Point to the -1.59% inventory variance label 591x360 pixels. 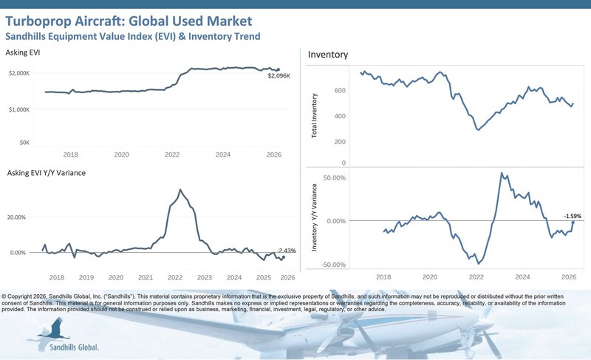571,216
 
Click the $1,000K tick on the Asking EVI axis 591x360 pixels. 39,109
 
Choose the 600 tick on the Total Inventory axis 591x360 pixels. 340,91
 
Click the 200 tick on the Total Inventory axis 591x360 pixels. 340,141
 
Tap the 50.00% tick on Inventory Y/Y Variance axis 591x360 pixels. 334,177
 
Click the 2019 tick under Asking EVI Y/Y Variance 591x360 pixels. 86,277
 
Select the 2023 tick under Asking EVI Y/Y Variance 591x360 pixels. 205,277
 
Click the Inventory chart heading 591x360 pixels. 328,55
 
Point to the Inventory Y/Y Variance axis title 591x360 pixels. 315,221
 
